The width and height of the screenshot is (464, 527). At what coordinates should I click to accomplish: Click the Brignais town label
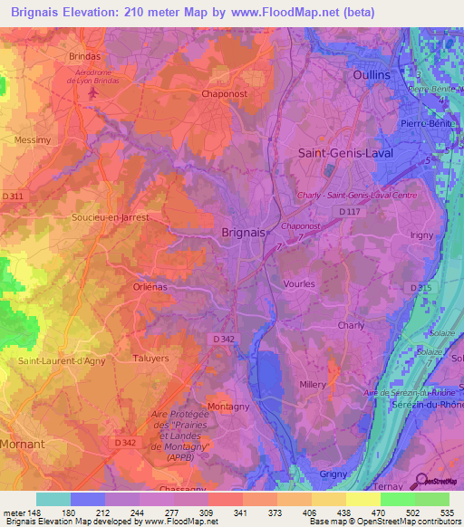(244, 232)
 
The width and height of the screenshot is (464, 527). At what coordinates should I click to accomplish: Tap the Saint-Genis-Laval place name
(345, 154)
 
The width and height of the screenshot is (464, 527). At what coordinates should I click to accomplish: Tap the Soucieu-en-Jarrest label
(110, 218)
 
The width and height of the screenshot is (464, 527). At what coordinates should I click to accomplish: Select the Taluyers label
(150, 359)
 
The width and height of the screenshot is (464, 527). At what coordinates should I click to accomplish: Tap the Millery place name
(312, 384)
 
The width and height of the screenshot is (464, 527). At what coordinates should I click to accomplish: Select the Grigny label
(333, 474)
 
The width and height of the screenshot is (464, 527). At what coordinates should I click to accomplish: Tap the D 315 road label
(420, 287)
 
